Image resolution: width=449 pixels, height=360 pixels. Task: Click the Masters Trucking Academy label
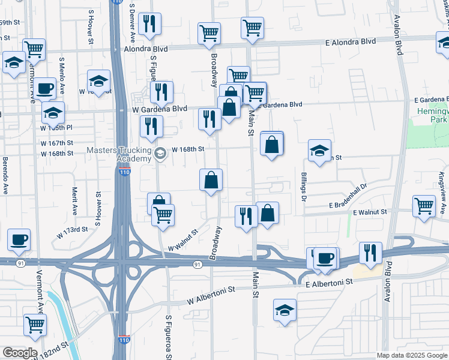click(x=119, y=154)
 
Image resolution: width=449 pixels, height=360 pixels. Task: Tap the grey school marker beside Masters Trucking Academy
click(x=160, y=154)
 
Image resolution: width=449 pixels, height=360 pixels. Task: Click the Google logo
click(x=20, y=352)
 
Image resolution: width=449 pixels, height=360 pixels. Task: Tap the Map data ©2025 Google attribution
click(x=411, y=355)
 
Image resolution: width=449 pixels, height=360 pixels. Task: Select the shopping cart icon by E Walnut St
click(x=424, y=206)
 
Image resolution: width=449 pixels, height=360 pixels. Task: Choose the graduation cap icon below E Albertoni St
click(x=285, y=310)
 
